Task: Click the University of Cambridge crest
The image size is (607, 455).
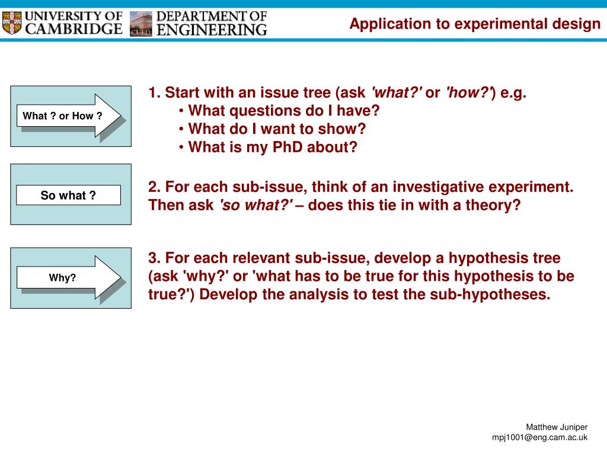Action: tap(12, 23)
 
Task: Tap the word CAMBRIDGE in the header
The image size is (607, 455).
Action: tap(74, 29)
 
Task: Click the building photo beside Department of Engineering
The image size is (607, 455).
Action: tap(141, 24)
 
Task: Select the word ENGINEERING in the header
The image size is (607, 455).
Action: tap(212, 30)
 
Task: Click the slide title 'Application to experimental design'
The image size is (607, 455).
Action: tap(475, 24)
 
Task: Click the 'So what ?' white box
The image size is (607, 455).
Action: tap(69, 195)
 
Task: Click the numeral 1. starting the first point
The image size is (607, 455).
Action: tap(155, 92)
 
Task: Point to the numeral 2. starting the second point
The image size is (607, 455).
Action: tap(155, 187)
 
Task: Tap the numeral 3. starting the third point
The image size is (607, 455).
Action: tap(155, 258)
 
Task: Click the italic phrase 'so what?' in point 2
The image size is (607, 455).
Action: tap(256, 205)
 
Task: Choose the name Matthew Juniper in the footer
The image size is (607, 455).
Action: tap(557, 427)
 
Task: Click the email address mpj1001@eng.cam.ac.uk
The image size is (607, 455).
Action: tap(539, 438)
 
